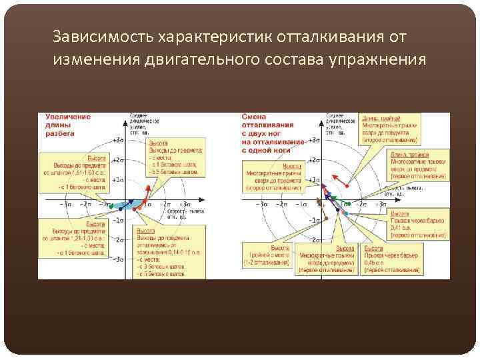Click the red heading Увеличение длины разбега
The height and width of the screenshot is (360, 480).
[68, 125]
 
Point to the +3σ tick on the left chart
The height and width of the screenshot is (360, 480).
[118, 141]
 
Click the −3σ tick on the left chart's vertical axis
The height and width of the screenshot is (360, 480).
[118, 259]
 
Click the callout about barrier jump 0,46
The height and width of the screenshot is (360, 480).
[391, 261]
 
